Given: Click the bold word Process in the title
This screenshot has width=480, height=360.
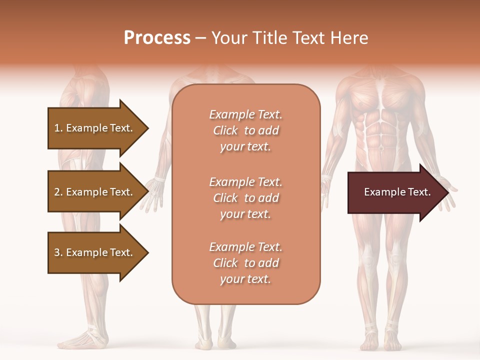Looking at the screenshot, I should (x=157, y=38).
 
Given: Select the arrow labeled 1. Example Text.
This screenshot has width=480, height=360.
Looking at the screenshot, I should (x=95, y=128).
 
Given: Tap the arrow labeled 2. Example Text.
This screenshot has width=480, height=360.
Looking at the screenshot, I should (x=95, y=192).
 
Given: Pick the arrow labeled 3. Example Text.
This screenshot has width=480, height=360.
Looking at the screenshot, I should (x=95, y=252).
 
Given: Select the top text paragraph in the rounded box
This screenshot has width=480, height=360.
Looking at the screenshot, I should (x=245, y=130).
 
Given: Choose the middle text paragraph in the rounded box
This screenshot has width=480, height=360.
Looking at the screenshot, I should (x=245, y=198).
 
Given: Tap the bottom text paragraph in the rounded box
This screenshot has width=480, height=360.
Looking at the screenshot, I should (x=245, y=263).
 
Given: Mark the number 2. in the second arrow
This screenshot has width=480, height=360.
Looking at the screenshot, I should (x=58, y=192).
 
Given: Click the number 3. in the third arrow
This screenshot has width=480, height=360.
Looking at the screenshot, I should (x=58, y=252).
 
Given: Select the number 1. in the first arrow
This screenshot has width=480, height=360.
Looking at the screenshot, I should (x=58, y=128).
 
